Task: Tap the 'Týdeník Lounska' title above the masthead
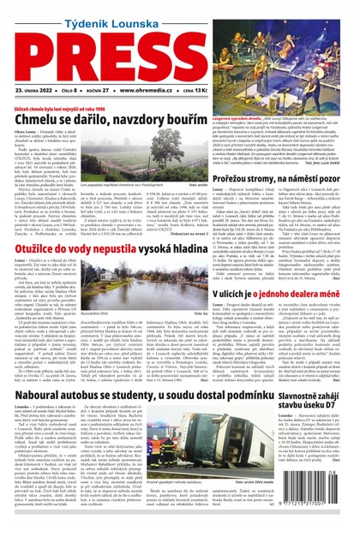click(x=179, y=9)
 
